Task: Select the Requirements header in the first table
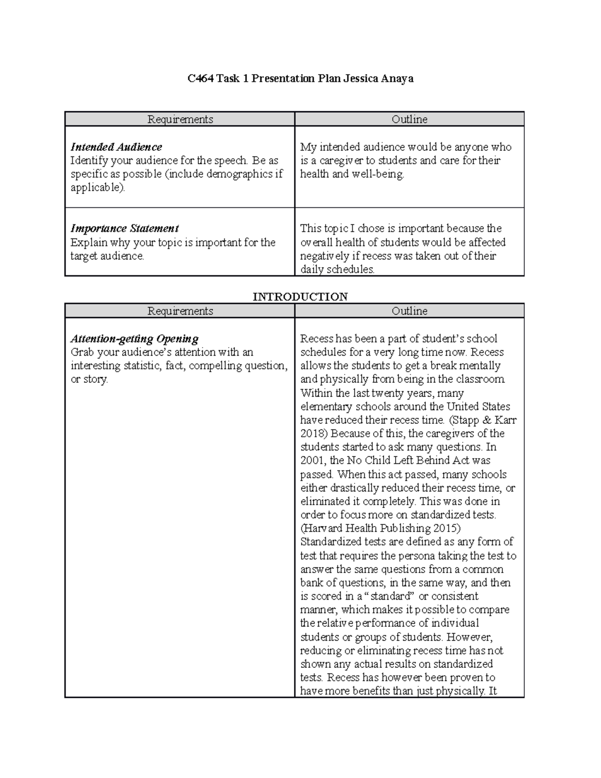180,119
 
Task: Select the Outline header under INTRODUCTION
409,311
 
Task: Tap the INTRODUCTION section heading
300,297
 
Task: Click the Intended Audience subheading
116,147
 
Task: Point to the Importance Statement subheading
125,228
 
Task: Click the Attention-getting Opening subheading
134,339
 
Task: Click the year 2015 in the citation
444,528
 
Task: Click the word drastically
347,488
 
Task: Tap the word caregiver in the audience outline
342,160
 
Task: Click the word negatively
325,256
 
